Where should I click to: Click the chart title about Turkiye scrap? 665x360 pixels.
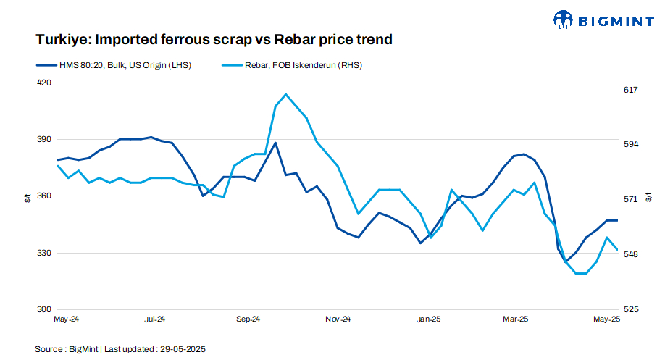[x=214, y=40]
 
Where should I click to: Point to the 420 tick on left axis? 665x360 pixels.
[x=44, y=83]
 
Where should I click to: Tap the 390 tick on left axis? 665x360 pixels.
[x=44, y=139]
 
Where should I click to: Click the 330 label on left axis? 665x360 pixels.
[x=44, y=253]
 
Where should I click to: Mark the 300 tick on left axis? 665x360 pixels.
[x=44, y=309]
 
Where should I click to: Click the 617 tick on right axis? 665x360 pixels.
[x=630, y=90]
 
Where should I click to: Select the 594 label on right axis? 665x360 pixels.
[x=630, y=145]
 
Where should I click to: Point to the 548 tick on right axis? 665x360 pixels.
[x=630, y=254]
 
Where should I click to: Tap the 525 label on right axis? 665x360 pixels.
[x=630, y=309]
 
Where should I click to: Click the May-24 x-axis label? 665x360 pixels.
[x=67, y=319]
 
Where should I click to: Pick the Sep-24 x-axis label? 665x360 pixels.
[x=248, y=319]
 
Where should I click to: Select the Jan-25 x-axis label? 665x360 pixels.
[x=429, y=319]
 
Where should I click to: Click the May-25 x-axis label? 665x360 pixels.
[x=607, y=319]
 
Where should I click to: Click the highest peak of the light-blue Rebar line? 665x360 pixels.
[x=286, y=94]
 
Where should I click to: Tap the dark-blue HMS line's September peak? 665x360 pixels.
[x=275, y=143]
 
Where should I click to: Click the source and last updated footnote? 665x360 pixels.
[x=120, y=349]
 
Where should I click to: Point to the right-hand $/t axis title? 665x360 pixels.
[x=652, y=196]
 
